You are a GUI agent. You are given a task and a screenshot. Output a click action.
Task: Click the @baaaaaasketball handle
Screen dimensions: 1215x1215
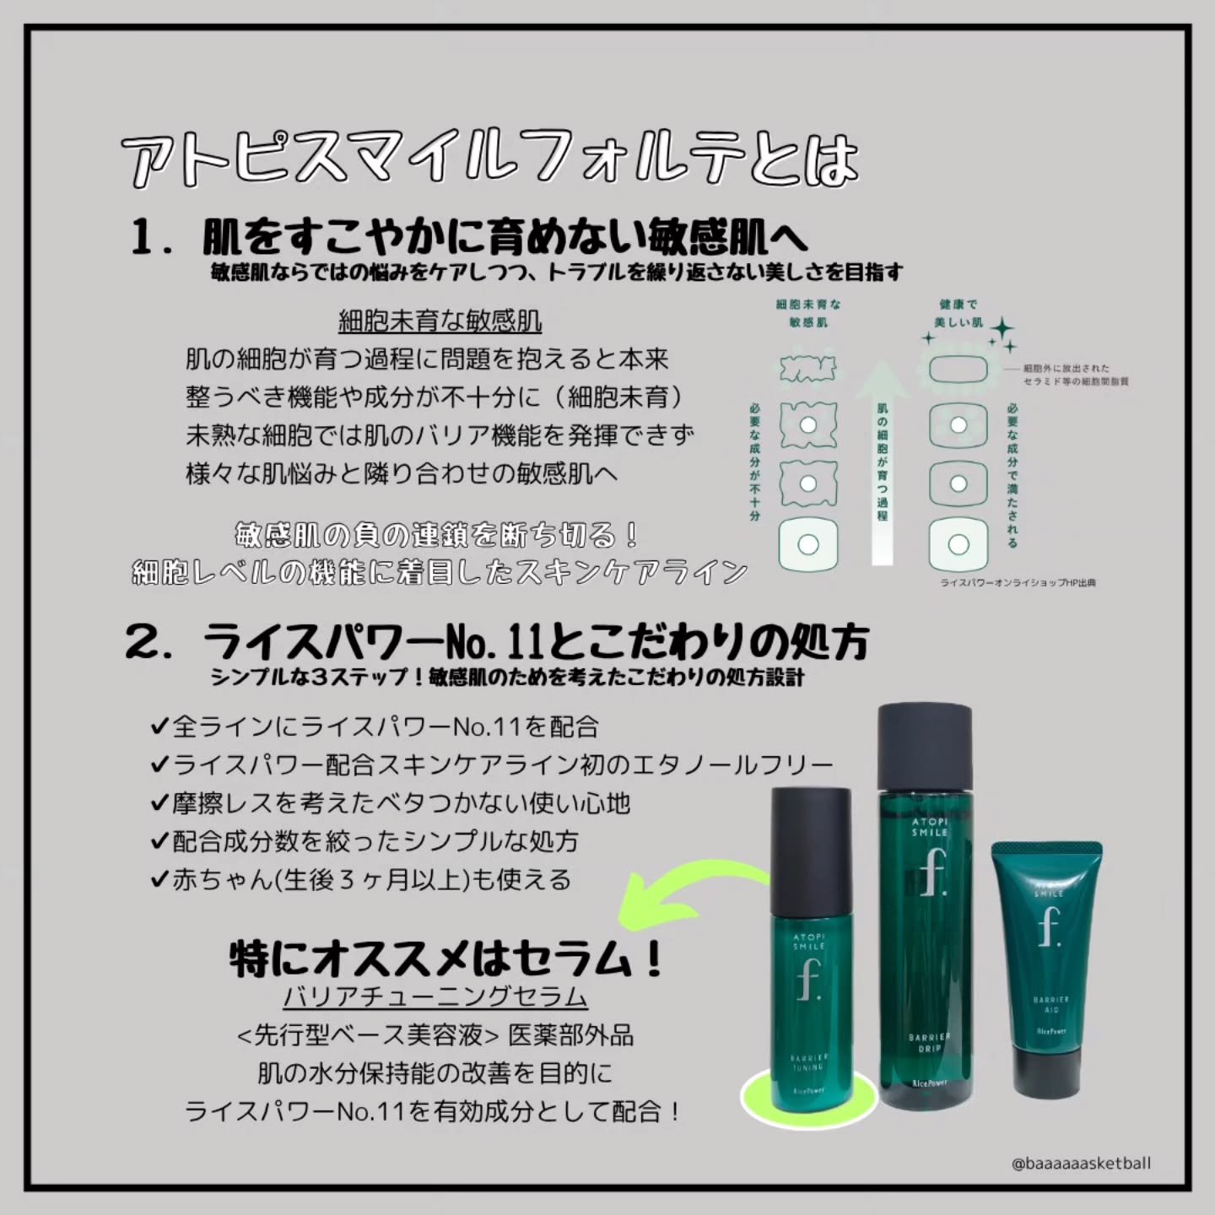click(1080, 1164)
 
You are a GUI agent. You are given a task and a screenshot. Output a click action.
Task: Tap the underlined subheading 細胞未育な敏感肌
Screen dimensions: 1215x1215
click(440, 321)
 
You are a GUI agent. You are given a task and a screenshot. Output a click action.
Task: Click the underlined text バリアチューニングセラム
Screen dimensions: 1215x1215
click(435, 996)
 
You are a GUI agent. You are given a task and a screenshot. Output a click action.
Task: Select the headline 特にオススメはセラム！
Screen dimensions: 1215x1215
click(447, 959)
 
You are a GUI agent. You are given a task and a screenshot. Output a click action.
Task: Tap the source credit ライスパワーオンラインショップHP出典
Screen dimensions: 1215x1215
click(1018, 583)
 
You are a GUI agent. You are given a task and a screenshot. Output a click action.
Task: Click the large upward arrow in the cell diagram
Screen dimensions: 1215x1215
click(882, 456)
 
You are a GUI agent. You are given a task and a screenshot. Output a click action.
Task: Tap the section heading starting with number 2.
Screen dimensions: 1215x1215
click(498, 644)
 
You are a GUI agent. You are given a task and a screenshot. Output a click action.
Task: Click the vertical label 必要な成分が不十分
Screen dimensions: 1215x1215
click(754, 460)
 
